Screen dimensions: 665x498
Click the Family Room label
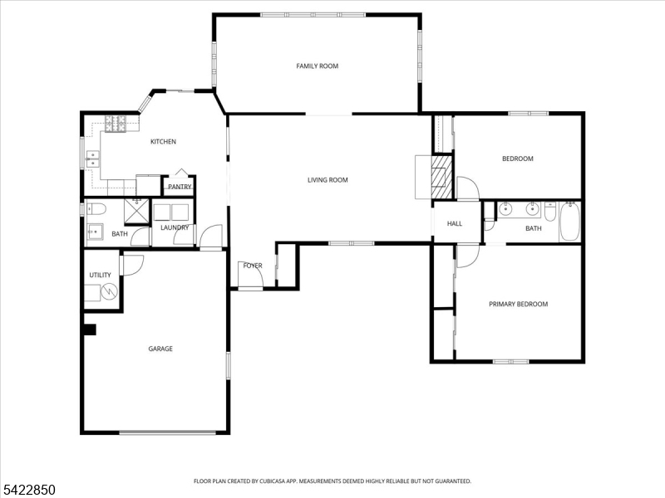coord(318,66)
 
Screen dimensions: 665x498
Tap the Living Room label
coord(328,180)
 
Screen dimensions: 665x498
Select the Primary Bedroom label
coord(518,304)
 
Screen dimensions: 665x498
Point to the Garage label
coord(160,349)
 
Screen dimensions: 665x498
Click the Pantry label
coord(180,187)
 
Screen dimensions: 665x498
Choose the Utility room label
coord(100,276)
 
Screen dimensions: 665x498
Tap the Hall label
coord(455,223)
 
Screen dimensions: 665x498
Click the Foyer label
coord(253,266)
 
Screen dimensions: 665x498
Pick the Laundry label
coord(175,227)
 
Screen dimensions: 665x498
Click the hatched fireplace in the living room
coord(441,177)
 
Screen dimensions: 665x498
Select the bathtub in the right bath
coord(569,222)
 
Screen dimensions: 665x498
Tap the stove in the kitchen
coord(116,124)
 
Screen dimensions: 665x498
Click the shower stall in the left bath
coord(136,211)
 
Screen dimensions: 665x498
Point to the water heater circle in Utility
coord(110,291)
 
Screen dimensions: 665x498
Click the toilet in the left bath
coord(96,209)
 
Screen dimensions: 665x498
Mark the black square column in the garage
coord(90,330)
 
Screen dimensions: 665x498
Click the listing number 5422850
coord(27,490)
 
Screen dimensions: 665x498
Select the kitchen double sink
coord(93,159)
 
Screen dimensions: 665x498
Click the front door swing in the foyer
coord(251,276)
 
